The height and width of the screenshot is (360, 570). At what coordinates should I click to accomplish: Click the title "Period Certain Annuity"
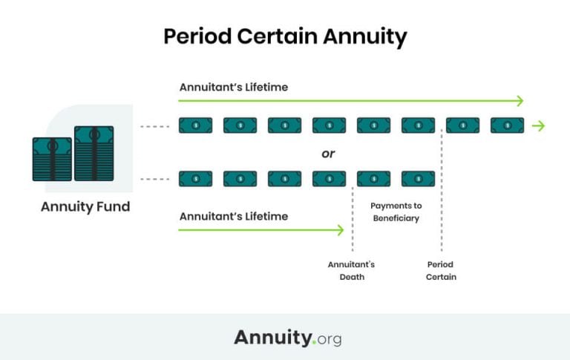pyautogui.click(x=285, y=36)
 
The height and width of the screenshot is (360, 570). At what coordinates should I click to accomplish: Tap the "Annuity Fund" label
pyautogui.click(x=85, y=206)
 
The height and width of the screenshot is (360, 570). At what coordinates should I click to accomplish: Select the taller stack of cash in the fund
pyautogui.click(x=94, y=153)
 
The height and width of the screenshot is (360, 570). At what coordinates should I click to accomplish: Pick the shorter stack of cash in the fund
pyautogui.click(x=51, y=159)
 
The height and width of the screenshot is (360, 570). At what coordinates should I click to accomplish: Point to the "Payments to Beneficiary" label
pyautogui.click(x=395, y=212)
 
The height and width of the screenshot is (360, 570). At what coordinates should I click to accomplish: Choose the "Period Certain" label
pyautogui.click(x=441, y=270)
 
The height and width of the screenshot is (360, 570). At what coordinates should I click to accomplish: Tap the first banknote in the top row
pyautogui.click(x=195, y=125)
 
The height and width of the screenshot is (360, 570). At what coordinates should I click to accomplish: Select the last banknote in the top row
pyautogui.click(x=507, y=125)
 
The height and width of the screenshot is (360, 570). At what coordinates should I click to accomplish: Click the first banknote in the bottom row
pyautogui.click(x=195, y=179)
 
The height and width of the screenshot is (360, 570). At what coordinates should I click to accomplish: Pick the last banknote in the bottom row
pyautogui.click(x=418, y=179)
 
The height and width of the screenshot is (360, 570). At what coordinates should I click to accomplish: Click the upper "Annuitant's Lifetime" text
pyautogui.click(x=233, y=87)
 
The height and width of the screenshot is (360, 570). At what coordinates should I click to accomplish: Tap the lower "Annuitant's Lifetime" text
pyautogui.click(x=233, y=216)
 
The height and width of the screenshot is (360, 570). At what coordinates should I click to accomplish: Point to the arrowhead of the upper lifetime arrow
pyautogui.click(x=520, y=101)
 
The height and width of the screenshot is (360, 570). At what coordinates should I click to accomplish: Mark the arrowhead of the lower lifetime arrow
pyautogui.click(x=341, y=230)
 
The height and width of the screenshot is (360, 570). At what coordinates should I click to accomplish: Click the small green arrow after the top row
pyautogui.click(x=539, y=125)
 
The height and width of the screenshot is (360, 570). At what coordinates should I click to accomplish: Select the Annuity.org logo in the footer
pyautogui.click(x=287, y=337)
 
